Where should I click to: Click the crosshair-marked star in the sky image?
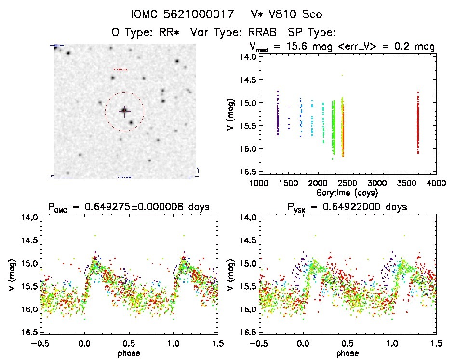click(x=124, y=111)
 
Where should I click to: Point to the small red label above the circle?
click(x=120, y=69)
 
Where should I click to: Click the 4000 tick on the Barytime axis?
click(x=436, y=183)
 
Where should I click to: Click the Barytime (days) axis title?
click(x=347, y=192)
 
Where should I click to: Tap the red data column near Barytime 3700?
click(x=418, y=123)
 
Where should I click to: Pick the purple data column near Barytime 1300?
click(x=278, y=116)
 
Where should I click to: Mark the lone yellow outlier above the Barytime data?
click(x=342, y=75)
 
